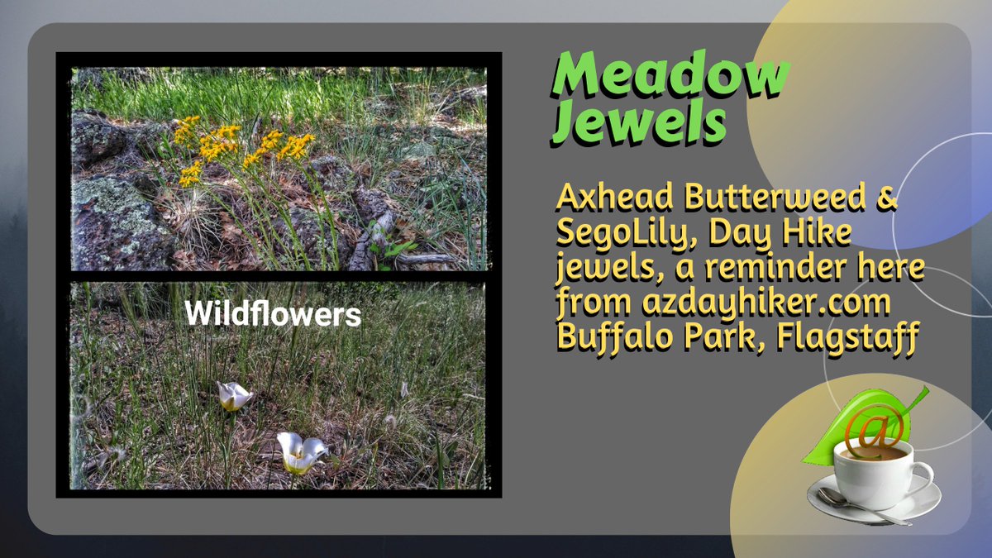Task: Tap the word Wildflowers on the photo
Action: [272, 314]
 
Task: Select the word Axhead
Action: [608, 199]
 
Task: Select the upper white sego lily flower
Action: [234, 396]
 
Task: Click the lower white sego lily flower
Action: [299, 451]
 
